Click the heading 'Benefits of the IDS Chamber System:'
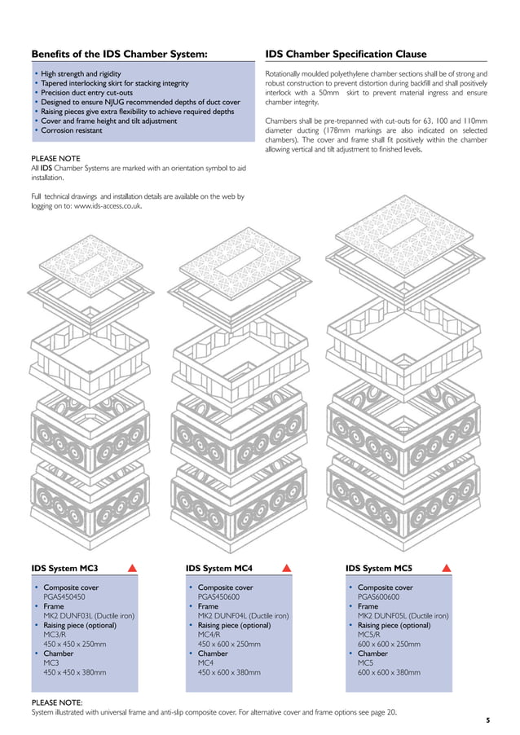(x=119, y=55)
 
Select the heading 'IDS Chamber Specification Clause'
(x=346, y=55)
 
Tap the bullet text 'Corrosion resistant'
(x=72, y=130)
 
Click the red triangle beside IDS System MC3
(x=131, y=568)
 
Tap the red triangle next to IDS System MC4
(x=286, y=568)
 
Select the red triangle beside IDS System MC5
(x=446, y=568)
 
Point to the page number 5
(x=487, y=720)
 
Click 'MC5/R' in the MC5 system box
(x=369, y=635)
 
